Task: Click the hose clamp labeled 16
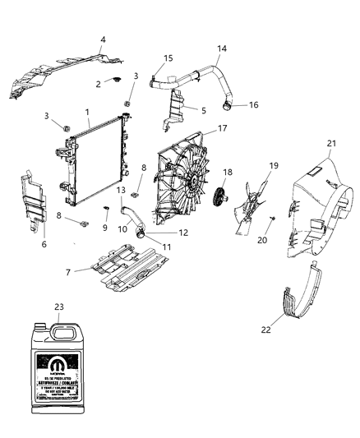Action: pos(225,105)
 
